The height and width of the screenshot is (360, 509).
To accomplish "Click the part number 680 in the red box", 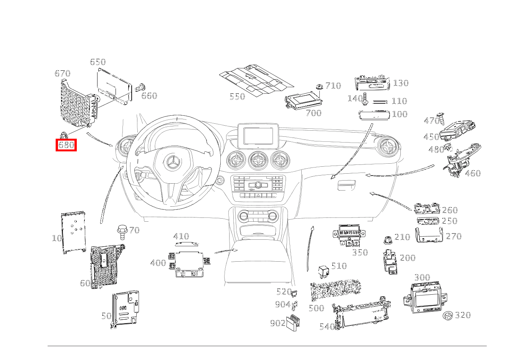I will [x=66, y=145].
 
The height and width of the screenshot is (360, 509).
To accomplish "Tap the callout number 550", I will [x=237, y=96].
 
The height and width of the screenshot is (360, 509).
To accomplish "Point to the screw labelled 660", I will [x=141, y=88].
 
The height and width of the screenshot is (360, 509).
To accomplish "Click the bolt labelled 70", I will [x=122, y=232].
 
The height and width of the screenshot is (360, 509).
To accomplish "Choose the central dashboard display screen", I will [x=258, y=136].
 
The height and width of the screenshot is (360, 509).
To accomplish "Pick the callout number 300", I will [x=422, y=277].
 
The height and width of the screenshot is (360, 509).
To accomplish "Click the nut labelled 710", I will [x=319, y=86].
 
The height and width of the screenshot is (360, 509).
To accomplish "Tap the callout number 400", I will [x=158, y=263].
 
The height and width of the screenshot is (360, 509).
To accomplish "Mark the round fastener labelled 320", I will [x=448, y=316].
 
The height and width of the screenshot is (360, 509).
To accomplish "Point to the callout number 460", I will [x=473, y=173].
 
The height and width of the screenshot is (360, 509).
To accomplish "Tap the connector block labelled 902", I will [x=294, y=322].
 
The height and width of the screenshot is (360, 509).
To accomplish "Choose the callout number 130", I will [x=401, y=83].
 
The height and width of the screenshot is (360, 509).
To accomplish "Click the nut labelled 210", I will [x=388, y=240].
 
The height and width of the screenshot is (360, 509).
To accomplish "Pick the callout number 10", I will [x=57, y=238].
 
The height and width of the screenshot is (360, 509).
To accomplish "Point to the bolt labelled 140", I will [x=365, y=99].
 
